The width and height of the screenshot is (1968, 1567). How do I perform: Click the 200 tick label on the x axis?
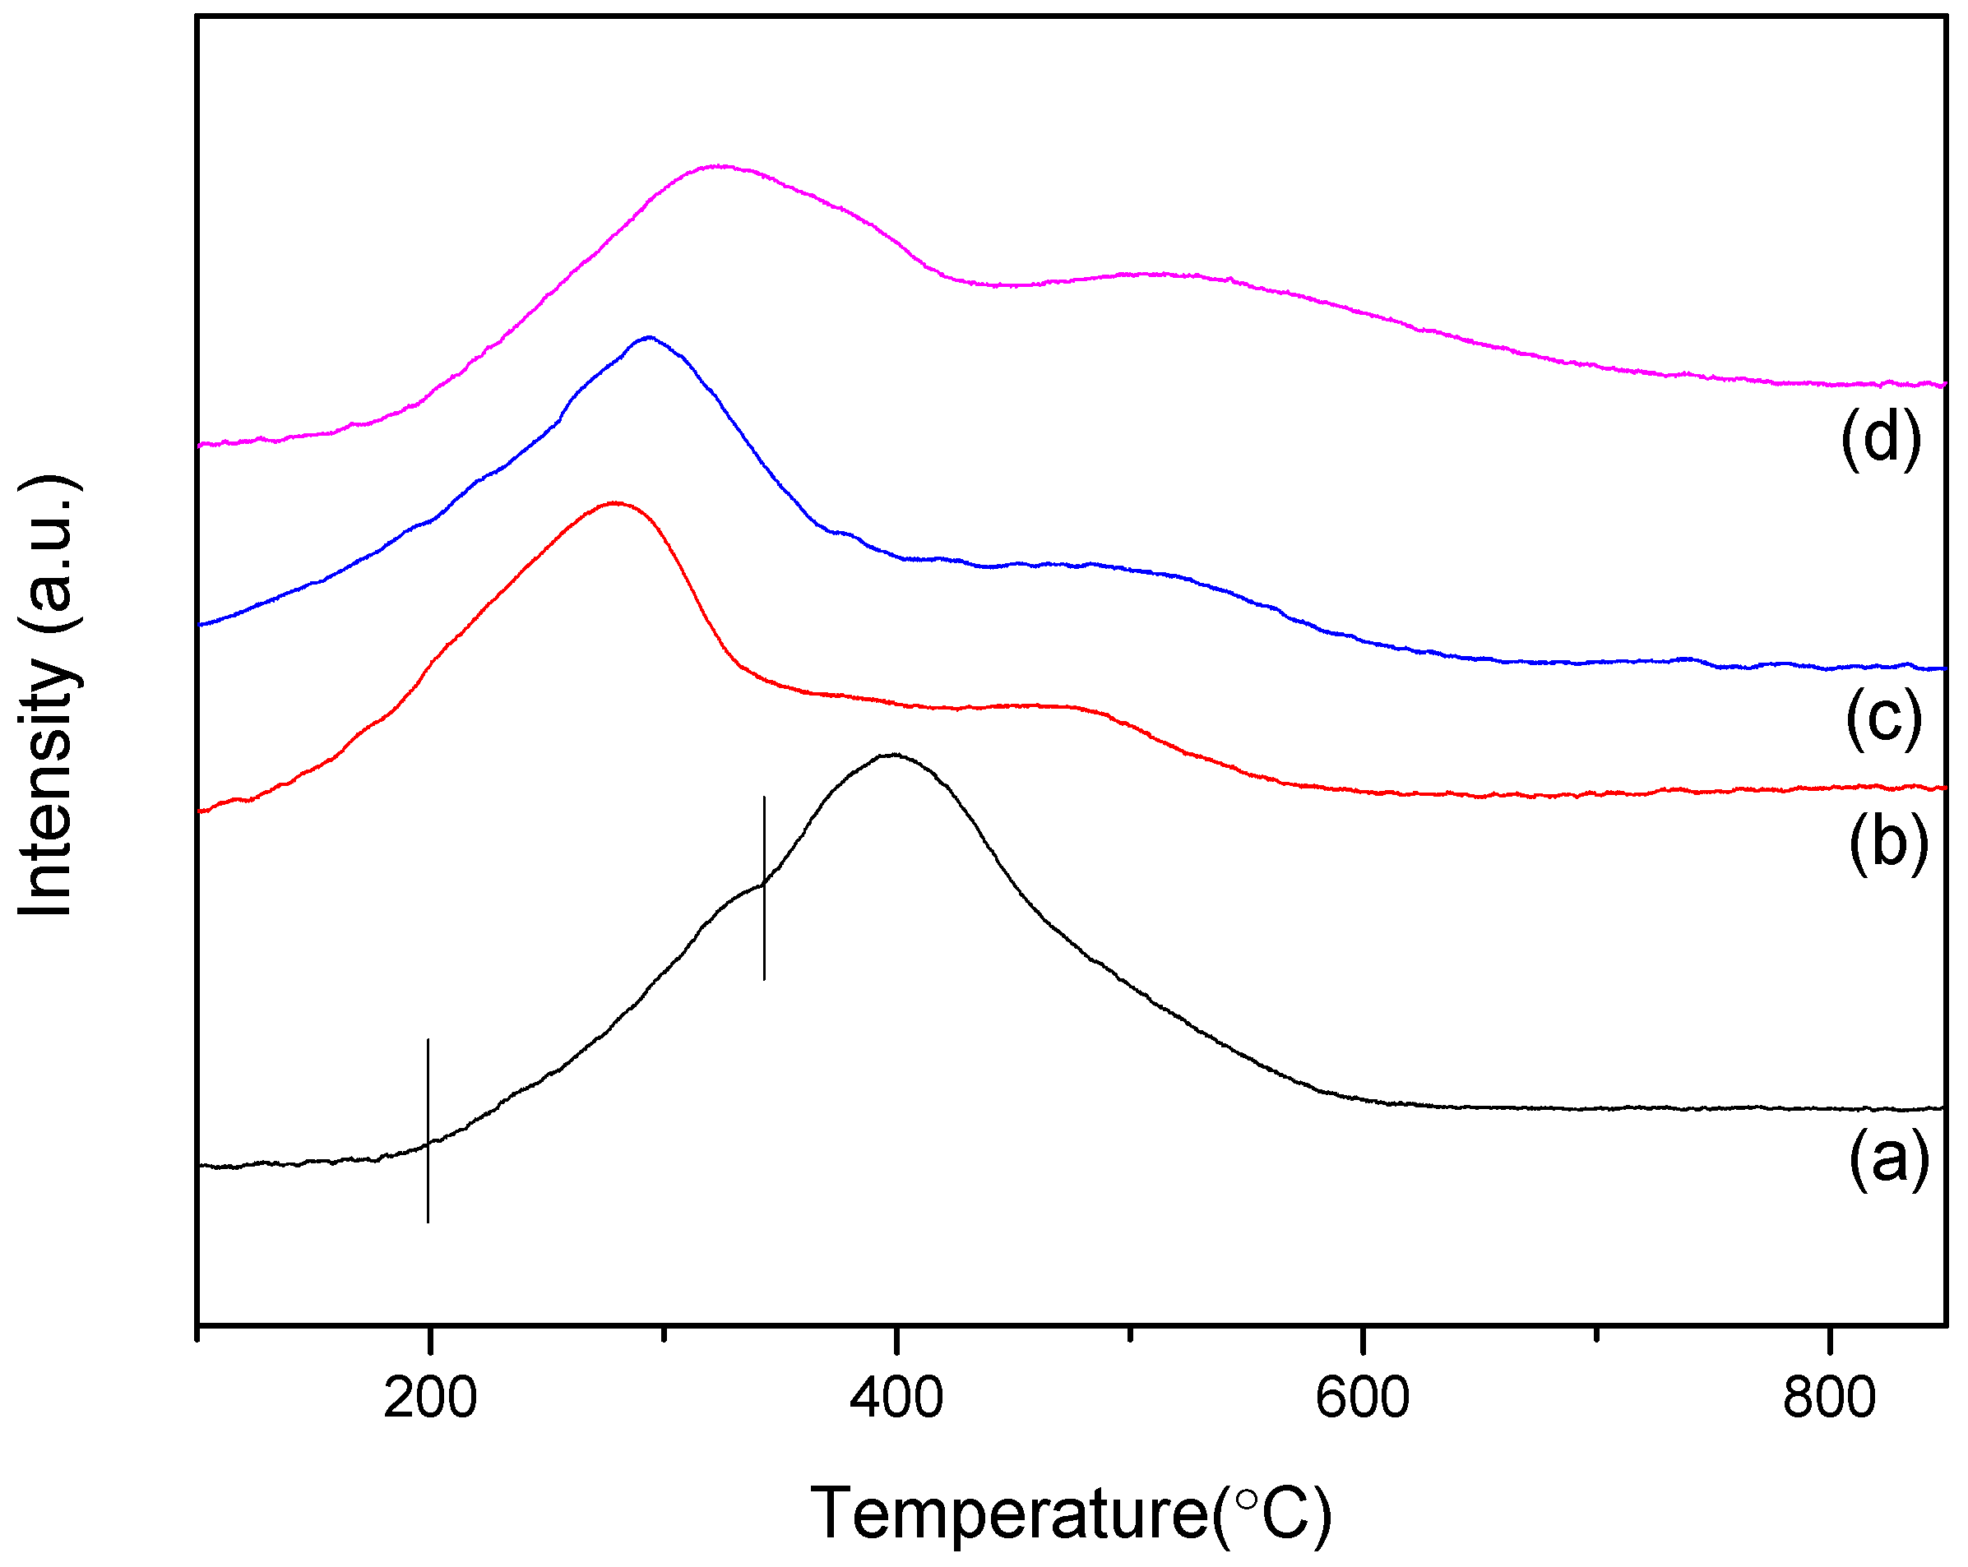tap(430, 1399)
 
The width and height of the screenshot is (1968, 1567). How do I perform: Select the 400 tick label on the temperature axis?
tap(896, 1399)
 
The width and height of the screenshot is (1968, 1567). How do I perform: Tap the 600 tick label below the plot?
tap(1363, 1399)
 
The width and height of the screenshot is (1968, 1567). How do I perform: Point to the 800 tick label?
tap(1829, 1399)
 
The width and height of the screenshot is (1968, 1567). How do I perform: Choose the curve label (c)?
tap(1884, 719)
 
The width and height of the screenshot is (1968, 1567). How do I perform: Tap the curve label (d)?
tap(1880, 438)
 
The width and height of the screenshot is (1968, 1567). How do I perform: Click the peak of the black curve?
tap(895, 755)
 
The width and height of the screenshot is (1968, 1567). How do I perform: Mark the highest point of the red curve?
tap(615, 503)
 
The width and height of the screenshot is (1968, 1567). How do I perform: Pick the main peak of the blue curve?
tap(649, 338)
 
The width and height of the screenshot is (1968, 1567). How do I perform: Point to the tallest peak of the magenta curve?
tap(720, 166)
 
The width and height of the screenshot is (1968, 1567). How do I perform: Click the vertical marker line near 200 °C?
tap(428, 1130)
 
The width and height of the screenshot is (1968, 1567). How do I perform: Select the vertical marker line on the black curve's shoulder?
tap(764, 888)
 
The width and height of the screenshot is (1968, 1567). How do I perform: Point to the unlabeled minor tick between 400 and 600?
tap(1130, 1334)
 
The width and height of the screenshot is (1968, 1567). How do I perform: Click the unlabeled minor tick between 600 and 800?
tap(1596, 1334)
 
